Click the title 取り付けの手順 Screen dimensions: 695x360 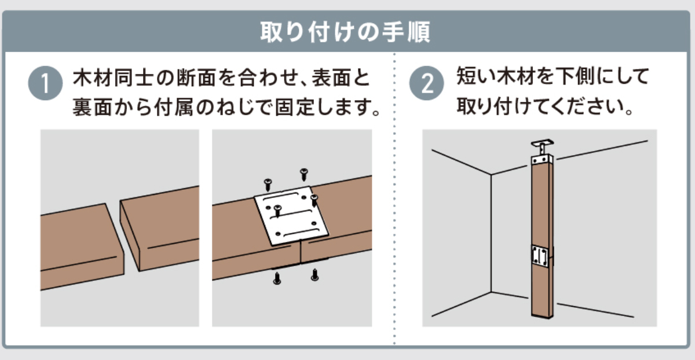[x=345, y=32]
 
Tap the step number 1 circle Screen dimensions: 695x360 [x=45, y=83]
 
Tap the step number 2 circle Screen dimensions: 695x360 [x=427, y=83]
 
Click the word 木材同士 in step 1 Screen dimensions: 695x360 [x=113, y=78]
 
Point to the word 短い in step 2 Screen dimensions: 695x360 [x=475, y=76]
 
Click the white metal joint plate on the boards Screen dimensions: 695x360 [x=291, y=215]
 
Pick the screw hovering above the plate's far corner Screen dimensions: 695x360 [x=304, y=175]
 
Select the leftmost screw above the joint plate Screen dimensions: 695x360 [x=268, y=185]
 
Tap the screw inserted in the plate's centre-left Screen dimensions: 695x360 [x=277, y=211]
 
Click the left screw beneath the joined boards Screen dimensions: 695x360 [x=277, y=278]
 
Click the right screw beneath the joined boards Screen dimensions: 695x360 [x=315, y=275]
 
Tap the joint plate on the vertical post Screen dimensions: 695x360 [x=540, y=256]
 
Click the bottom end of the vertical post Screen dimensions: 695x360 [x=542, y=315]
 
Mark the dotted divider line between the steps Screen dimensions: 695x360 [x=394, y=199]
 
